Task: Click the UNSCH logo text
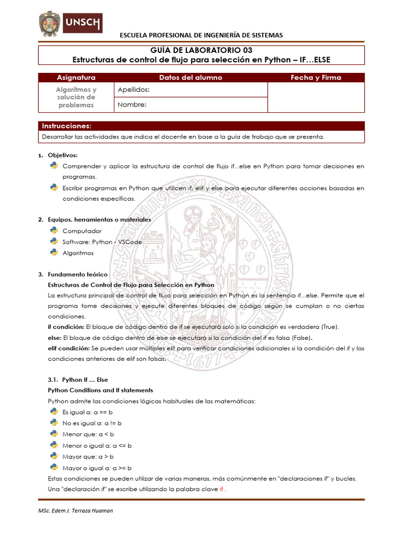click(82, 23)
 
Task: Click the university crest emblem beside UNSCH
click(50, 24)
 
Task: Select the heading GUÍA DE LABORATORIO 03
click(201, 50)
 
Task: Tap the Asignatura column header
click(76, 78)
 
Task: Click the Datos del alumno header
click(190, 78)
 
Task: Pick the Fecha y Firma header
click(316, 78)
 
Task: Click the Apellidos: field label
click(134, 90)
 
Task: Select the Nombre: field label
click(132, 104)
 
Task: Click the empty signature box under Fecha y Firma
click(316, 97)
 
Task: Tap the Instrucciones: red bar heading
click(67, 126)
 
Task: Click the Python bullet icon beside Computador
click(54, 230)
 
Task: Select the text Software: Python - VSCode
click(102, 242)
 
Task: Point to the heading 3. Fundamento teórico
click(78, 274)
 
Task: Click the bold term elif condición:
click(69, 348)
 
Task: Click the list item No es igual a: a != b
click(92, 423)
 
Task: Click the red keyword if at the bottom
click(221, 489)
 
